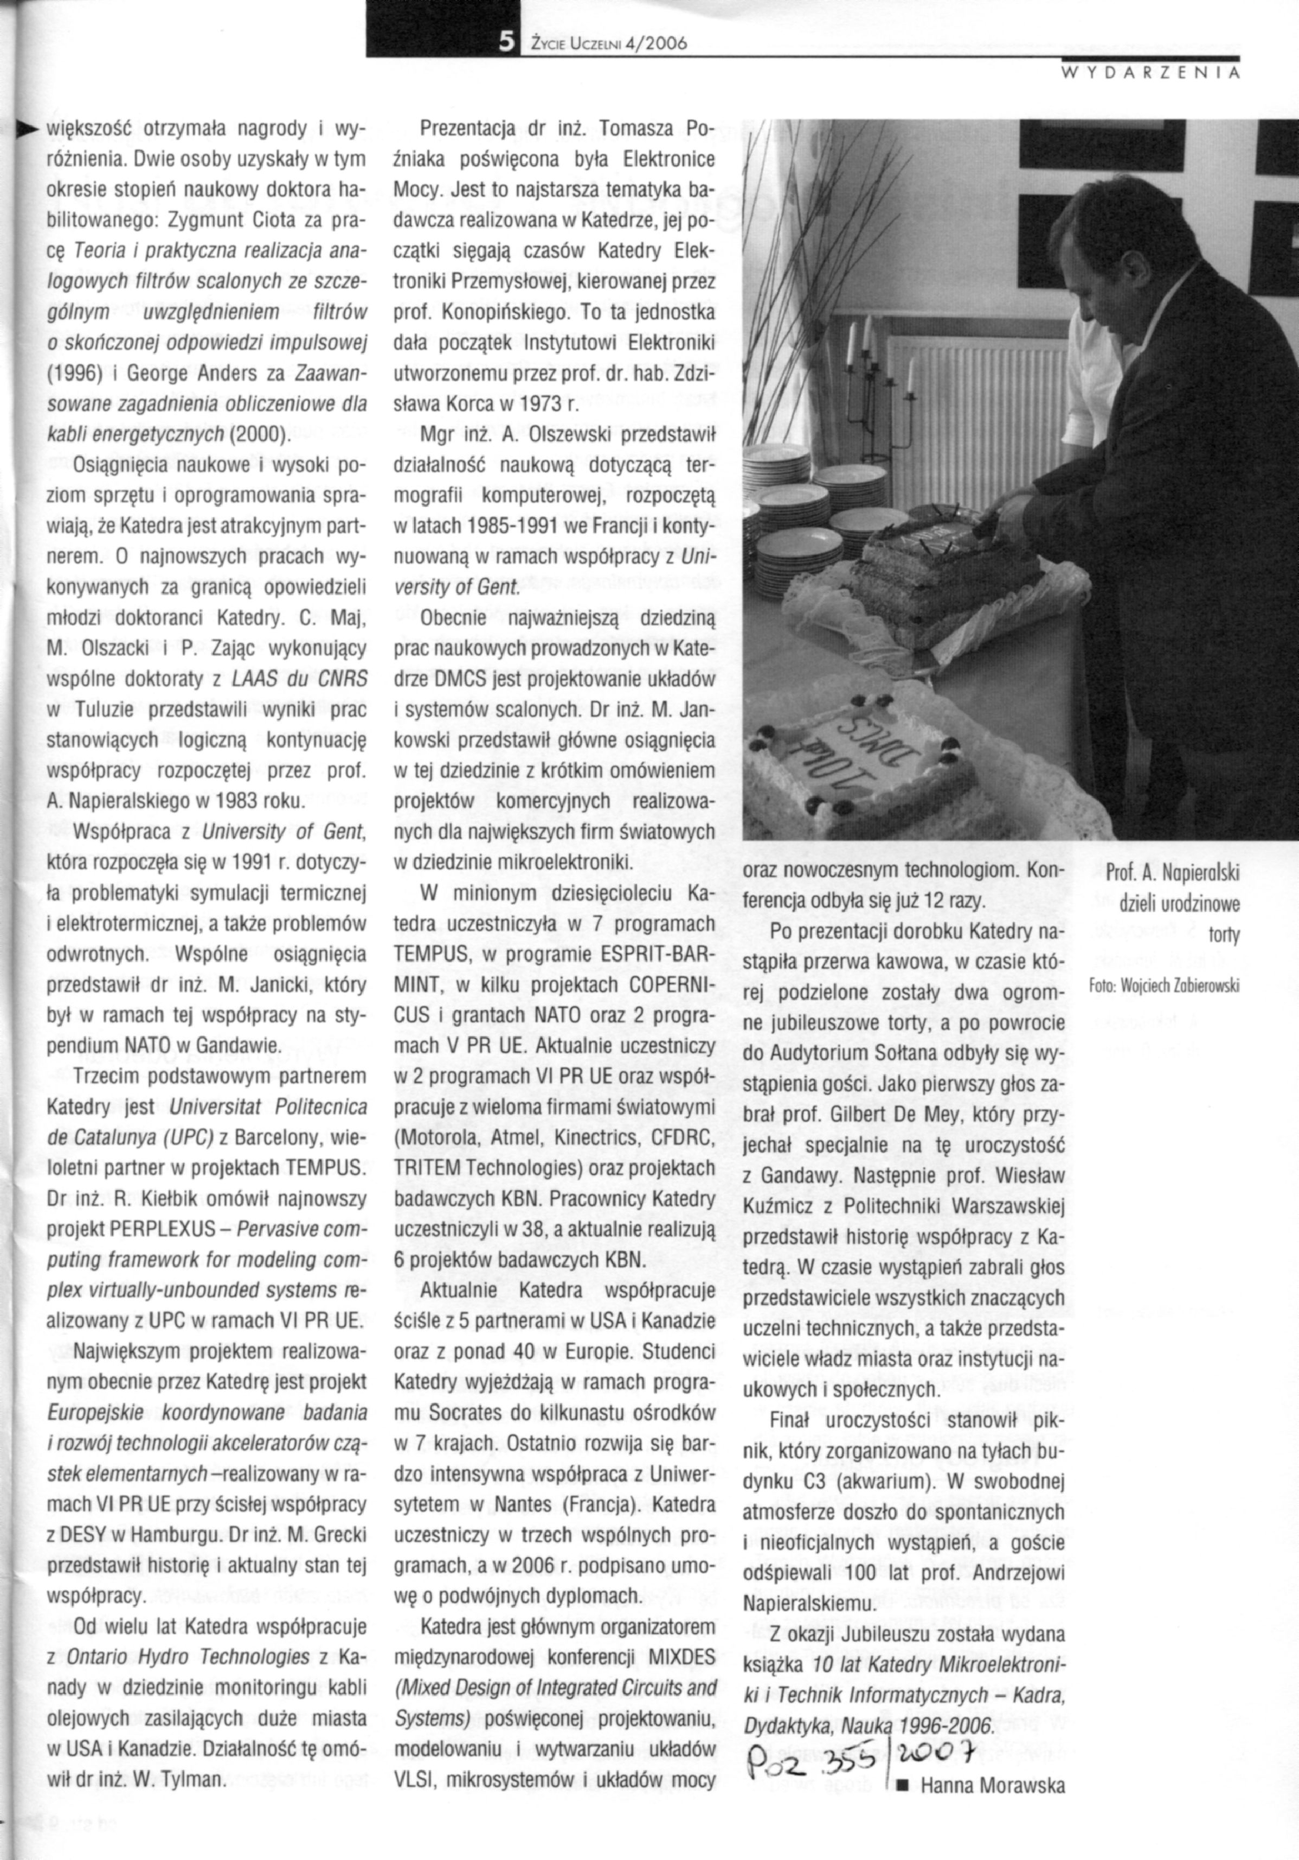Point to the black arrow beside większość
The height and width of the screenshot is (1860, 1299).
click(28, 128)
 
